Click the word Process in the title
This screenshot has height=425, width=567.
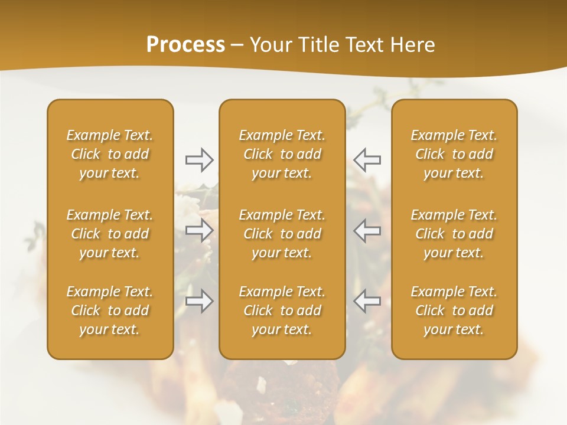click(185, 45)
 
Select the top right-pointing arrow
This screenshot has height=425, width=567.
click(199, 159)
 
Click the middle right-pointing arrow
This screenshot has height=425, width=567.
click(199, 230)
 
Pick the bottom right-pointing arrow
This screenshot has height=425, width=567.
click(199, 301)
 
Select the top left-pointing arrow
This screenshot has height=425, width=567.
click(367, 159)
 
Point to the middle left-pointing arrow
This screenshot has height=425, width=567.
click(367, 230)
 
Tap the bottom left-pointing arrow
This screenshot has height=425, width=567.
click(367, 301)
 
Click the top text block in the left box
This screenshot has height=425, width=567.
click(110, 154)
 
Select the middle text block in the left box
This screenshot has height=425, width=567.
click(110, 234)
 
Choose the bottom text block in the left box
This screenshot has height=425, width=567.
click(110, 310)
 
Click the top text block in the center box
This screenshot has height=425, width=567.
click(282, 154)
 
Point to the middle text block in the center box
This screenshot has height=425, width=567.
click(282, 234)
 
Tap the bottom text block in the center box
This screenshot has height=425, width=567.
click(282, 310)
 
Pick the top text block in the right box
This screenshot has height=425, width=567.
click(454, 154)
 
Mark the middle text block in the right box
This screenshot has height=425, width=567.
click(454, 234)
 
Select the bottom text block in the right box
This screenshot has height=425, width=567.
click(454, 310)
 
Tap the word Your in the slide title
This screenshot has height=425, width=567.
click(269, 45)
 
